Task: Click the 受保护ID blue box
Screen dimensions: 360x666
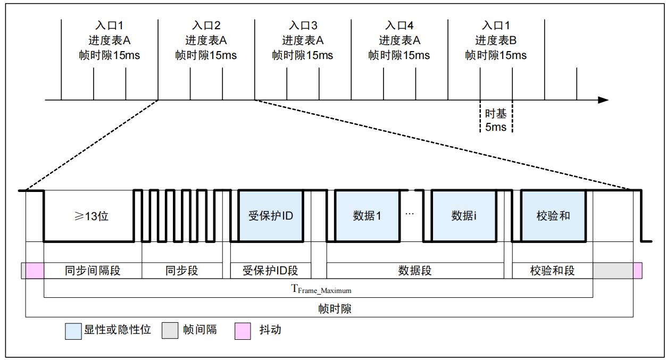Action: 270,216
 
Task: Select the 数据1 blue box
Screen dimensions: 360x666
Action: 367,216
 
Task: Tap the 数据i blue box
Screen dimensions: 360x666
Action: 464,216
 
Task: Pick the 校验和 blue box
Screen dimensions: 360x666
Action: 553,216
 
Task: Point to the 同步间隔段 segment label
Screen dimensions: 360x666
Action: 93,271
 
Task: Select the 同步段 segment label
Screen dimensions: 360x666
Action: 181,271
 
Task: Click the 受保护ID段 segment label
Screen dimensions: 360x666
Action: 270,271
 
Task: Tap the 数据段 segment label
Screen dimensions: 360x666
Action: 415,271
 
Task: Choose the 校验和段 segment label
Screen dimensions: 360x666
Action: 552,271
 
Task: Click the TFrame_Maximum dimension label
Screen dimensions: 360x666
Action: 321,289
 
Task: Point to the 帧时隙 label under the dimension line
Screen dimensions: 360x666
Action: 335,309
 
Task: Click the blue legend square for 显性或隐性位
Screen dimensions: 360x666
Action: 73,331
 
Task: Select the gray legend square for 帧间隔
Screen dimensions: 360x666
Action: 170,331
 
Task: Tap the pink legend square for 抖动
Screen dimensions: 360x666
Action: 242,331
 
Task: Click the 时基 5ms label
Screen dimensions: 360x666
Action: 496,120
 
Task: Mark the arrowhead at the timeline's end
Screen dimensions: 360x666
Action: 603,100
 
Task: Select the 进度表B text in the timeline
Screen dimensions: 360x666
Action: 496,40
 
